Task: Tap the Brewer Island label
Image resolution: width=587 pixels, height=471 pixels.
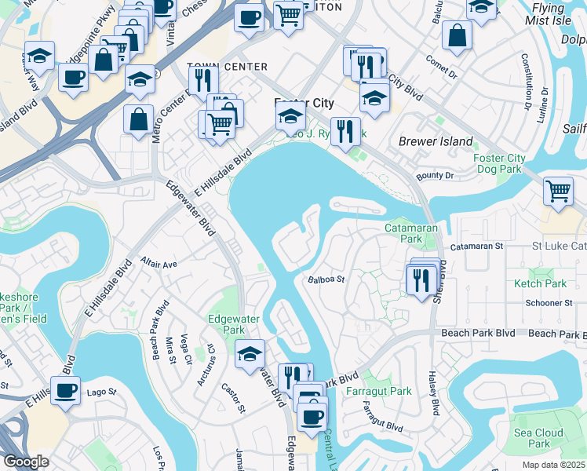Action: (436, 142)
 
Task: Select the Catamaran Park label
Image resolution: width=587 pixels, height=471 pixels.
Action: (403, 232)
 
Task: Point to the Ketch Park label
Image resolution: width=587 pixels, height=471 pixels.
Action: (539, 283)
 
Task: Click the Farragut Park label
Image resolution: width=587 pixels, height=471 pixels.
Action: (387, 391)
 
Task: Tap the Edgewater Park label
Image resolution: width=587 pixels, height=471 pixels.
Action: (228, 324)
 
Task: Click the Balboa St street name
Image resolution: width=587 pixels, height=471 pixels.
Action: (326, 279)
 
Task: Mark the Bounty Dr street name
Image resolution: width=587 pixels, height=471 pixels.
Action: (436, 176)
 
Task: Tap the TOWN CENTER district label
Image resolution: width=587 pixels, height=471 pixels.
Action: (228, 68)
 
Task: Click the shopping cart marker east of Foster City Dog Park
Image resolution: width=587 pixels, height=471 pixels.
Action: (558, 191)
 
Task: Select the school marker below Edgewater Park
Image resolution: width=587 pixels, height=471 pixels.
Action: (250, 353)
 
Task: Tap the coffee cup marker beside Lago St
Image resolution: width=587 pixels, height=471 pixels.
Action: (66, 389)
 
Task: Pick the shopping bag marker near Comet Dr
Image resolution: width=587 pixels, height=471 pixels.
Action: (457, 35)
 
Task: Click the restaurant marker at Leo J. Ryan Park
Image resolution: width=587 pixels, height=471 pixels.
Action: (345, 131)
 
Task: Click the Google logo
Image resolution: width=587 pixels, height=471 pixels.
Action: (26, 462)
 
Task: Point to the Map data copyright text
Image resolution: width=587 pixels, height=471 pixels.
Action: (554, 465)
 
